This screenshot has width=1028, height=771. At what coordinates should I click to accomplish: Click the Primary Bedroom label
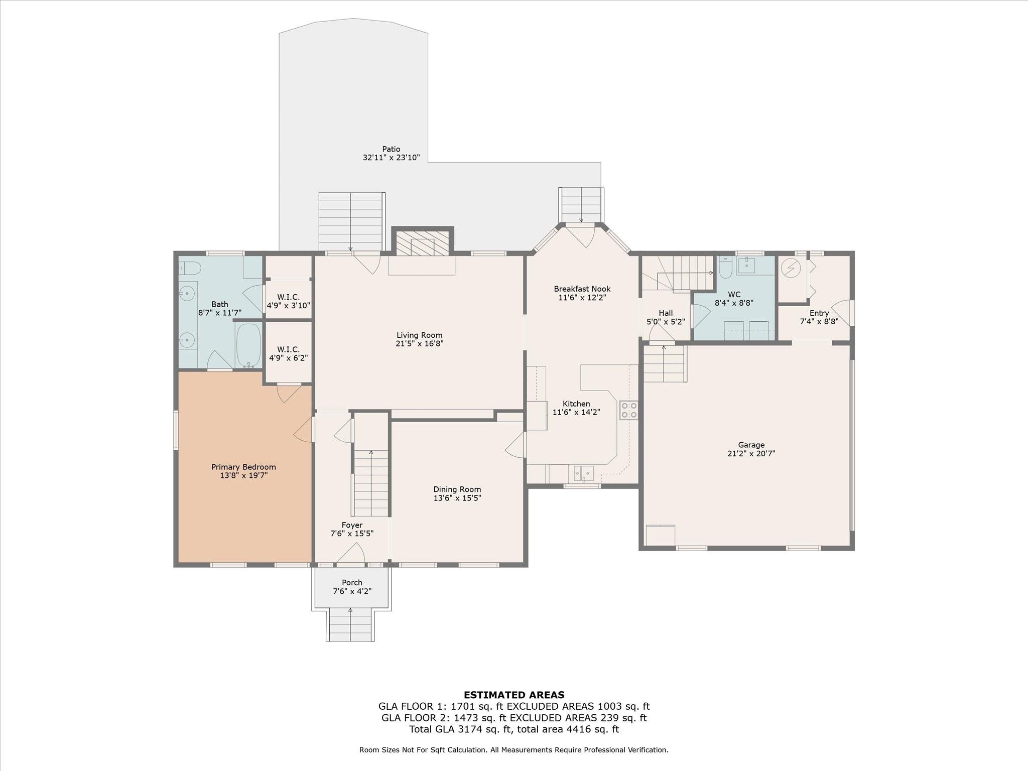click(x=243, y=467)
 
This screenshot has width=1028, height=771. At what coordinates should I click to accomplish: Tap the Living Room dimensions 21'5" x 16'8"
click(x=419, y=344)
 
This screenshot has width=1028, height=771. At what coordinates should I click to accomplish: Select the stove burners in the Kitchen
click(x=628, y=410)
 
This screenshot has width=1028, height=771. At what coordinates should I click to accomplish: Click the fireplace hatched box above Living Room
click(x=422, y=243)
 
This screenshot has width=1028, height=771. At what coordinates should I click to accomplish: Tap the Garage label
click(x=751, y=445)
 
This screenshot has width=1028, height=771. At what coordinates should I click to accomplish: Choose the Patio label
click(x=391, y=149)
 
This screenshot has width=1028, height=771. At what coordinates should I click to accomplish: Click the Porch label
click(x=352, y=583)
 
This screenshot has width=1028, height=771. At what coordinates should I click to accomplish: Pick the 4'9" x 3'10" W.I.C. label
click(x=288, y=297)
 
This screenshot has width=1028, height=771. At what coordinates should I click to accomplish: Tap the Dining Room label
click(x=457, y=489)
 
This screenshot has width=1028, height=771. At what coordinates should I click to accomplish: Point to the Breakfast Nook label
click(x=582, y=289)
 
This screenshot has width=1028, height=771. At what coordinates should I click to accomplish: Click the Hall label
click(x=666, y=313)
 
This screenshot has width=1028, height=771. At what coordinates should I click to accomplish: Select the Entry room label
click(x=819, y=313)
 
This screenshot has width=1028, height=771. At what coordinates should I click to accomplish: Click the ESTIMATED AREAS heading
click(x=513, y=695)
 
